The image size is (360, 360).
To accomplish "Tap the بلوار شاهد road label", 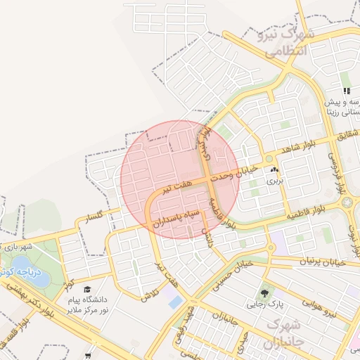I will (x=303, y=150).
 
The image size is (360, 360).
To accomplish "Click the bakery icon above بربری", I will (x=274, y=170).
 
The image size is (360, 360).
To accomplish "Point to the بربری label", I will (x=272, y=181).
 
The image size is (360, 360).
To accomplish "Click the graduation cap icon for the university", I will (x=87, y=289).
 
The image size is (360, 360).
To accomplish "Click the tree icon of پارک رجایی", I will (x=264, y=292).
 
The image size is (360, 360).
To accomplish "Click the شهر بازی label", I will (x=19, y=247).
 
